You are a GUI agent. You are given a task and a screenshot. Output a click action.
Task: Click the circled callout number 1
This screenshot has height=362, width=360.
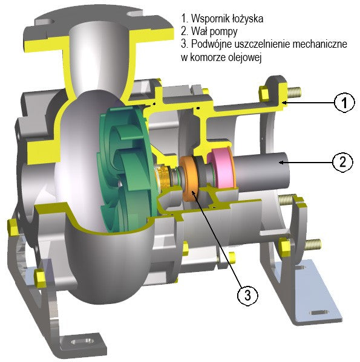pyautogui.click(x=344, y=103)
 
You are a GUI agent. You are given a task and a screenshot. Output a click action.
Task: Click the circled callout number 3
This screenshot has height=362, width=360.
pyautogui.click(x=246, y=295)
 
